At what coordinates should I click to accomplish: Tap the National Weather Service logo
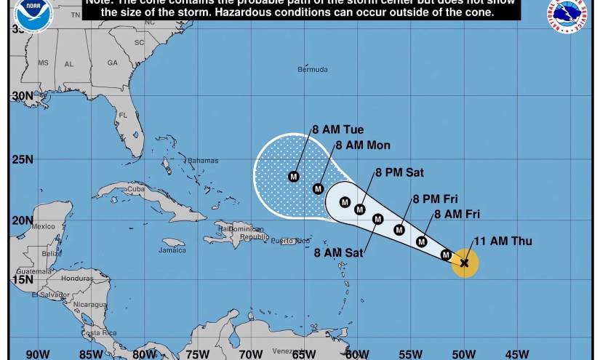(x=567, y=14)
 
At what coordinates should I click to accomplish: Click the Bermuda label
(x=312, y=70)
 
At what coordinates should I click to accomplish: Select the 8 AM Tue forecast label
(x=337, y=130)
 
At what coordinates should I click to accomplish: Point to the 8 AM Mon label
(x=362, y=145)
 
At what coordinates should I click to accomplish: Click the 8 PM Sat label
(x=399, y=173)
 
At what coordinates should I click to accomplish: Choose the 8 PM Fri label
(x=435, y=199)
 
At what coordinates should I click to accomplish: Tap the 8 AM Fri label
(x=457, y=215)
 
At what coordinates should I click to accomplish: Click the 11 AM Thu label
(x=503, y=241)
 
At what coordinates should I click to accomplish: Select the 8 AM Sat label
(x=338, y=253)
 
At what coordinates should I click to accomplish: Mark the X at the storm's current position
(x=465, y=263)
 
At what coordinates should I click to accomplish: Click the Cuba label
(x=137, y=189)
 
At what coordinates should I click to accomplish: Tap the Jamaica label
(x=172, y=250)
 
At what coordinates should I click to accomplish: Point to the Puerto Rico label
(x=290, y=241)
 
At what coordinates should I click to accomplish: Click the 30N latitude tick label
(x=22, y=96)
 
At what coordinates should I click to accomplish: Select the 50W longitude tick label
(x=463, y=354)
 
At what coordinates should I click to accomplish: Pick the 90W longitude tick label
(x=38, y=354)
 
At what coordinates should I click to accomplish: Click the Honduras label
(x=77, y=279)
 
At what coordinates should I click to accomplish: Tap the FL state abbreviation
(x=123, y=116)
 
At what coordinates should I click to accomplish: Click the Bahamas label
(x=203, y=161)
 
